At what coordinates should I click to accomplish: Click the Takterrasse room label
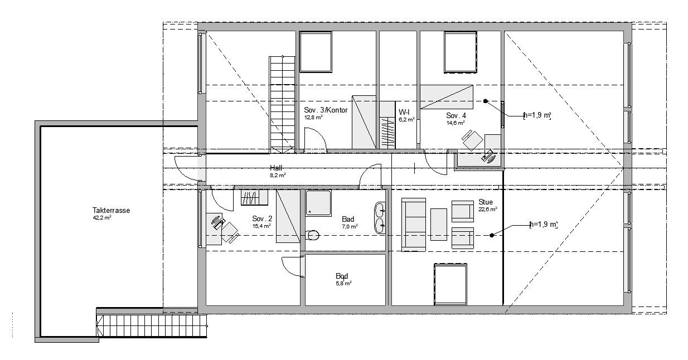[111, 210]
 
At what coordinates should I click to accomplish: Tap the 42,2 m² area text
[102, 218]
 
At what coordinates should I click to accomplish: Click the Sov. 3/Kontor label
[326, 110]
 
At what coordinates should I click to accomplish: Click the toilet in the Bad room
[312, 235]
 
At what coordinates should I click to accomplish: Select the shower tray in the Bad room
[318, 203]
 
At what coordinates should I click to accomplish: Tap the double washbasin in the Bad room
[381, 218]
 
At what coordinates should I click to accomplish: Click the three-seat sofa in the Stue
[414, 225]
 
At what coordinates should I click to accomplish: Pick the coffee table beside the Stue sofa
[439, 225]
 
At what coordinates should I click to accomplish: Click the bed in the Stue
[450, 285]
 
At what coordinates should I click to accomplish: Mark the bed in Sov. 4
[461, 52]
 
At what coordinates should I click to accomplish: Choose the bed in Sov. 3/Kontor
[316, 52]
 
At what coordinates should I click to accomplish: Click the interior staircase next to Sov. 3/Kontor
[282, 104]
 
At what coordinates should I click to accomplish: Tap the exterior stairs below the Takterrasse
[151, 323]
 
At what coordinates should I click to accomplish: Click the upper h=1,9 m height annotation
[537, 115]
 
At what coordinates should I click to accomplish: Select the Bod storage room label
[342, 276]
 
